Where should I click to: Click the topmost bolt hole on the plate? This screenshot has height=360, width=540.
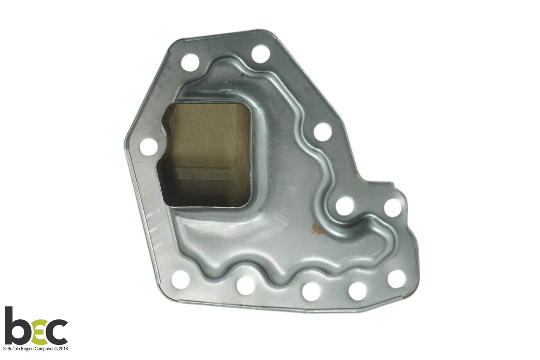tap(260, 54)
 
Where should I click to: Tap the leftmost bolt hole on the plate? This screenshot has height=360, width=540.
tap(149, 147)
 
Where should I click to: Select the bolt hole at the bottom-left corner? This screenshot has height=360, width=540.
tap(180, 280)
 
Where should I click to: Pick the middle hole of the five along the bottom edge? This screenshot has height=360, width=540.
tap(311, 292)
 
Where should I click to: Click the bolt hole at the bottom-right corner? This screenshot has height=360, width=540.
tap(397, 279)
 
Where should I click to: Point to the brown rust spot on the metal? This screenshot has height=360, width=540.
tap(318, 228)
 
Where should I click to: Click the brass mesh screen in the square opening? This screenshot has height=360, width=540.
tap(207, 154)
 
